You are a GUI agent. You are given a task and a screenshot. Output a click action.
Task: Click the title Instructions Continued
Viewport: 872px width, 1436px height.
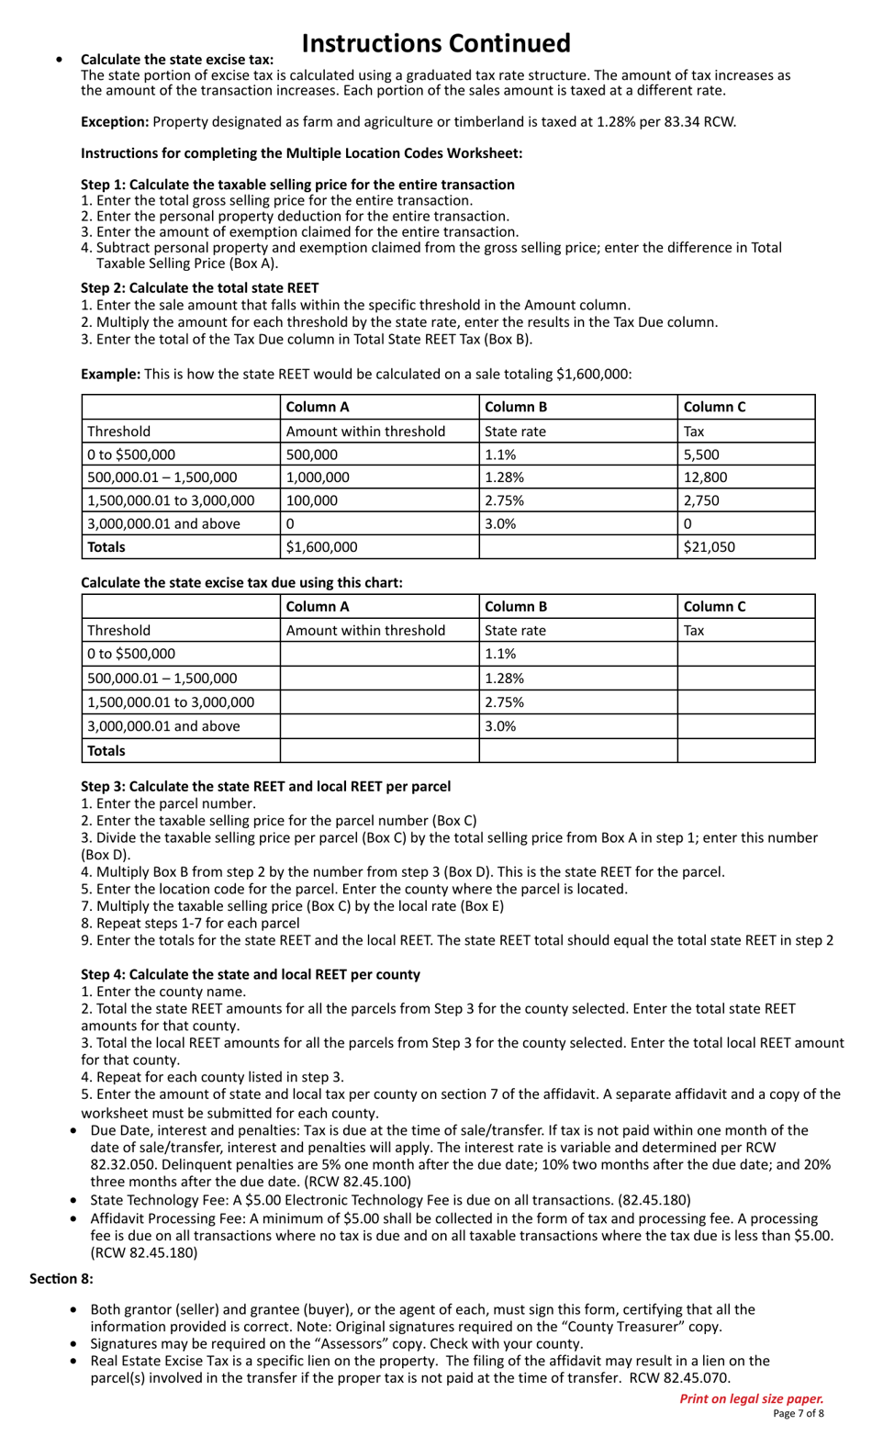[x=435, y=43]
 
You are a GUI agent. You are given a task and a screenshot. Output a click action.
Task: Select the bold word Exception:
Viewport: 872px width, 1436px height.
[x=115, y=121]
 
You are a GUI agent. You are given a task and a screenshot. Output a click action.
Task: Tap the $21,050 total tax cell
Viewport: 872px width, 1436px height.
[x=709, y=547]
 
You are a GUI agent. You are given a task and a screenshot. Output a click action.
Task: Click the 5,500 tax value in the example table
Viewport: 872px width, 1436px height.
[x=702, y=454]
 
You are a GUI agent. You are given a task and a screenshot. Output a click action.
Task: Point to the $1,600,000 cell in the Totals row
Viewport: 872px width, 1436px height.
[x=322, y=547]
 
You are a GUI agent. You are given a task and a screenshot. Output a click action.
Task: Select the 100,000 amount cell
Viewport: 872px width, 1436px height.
[x=312, y=500]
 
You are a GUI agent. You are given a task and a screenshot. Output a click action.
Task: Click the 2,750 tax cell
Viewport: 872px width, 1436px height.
[x=702, y=500]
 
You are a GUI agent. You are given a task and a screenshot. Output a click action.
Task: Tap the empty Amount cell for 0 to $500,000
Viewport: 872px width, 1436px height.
[x=379, y=654]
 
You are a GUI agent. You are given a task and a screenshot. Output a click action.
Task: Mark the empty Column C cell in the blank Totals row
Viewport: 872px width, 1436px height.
[x=745, y=750]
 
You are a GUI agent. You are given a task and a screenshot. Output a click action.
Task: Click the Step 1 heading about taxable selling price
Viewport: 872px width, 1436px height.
[x=297, y=185]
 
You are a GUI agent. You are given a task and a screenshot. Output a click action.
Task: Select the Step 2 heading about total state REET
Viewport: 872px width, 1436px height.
[x=200, y=287]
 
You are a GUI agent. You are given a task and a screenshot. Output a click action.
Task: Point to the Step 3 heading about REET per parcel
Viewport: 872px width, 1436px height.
[x=265, y=786]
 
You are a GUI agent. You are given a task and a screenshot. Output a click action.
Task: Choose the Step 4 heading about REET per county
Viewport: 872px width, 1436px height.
[x=251, y=974]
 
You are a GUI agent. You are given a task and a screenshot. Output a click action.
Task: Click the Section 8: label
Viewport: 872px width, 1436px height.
[x=61, y=1278]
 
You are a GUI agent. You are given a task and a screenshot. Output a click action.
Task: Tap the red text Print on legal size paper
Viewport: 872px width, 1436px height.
[x=751, y=1398]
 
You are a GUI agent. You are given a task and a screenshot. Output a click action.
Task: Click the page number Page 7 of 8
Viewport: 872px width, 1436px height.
[x=798, y=1414]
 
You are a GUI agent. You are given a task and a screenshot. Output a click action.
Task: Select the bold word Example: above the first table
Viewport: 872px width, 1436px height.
[x=110, y=374]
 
